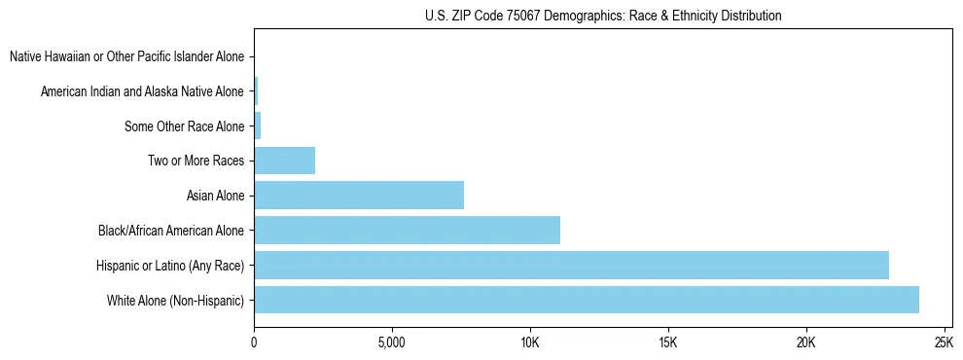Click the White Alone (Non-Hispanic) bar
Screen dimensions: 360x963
[x=586, y=300]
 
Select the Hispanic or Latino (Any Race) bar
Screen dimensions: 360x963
[x=571, y=265]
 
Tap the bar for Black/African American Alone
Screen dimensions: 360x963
[x=407, y=231]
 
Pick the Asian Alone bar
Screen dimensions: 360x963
[x=359, y=196]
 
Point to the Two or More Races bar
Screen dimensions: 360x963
[x=284, y=161]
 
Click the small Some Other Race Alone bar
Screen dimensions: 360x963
[x=258, y=126]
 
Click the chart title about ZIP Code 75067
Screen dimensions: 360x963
[x=603, y=16]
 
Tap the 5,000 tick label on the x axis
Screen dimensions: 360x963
[x=391, y=343]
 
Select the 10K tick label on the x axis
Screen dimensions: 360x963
[x=529, y=343]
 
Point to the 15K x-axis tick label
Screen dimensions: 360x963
[x=667, y=343]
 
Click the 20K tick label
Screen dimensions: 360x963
[x=805, y=343]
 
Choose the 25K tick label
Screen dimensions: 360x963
[x=944, y=343]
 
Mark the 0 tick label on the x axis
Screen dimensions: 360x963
[x=254, y=343]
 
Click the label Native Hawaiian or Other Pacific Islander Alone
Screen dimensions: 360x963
[x=126, y=56]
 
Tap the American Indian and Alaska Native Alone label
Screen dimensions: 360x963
[x=142, y=91]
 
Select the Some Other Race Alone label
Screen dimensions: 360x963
[x=185, y=126]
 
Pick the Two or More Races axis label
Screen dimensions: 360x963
[x=196, y=161]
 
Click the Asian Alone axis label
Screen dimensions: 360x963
[x=215, y=196]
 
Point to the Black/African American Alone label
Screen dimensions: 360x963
[x=171, y=231]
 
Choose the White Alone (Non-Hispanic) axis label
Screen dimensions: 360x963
[x=176, y=301]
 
